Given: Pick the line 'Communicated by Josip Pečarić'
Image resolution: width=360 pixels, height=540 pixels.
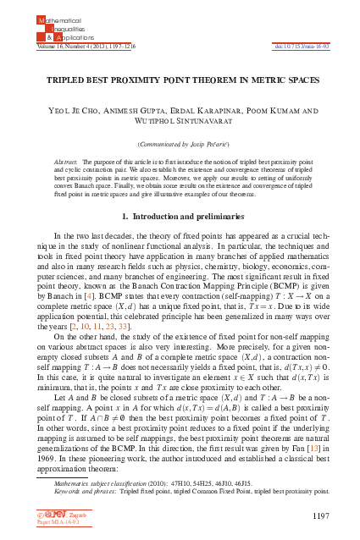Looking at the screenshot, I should click(180, 144).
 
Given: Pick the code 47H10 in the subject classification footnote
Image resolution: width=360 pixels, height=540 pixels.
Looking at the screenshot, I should click(180, 481).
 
